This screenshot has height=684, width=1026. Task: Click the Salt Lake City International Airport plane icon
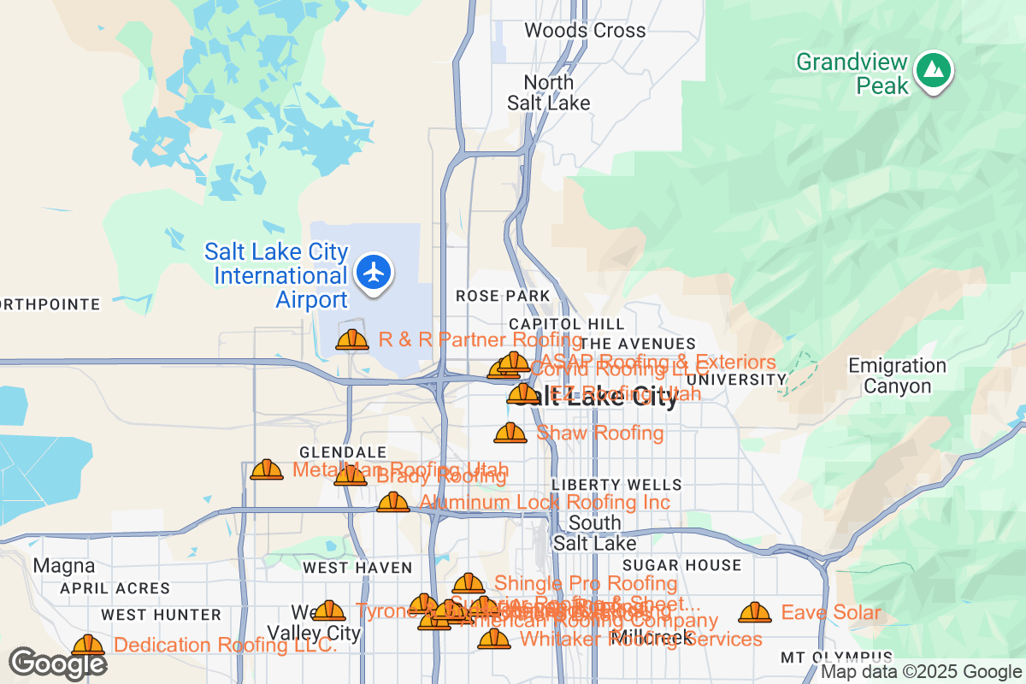point(373,273)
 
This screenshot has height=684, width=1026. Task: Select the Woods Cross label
point(585,31)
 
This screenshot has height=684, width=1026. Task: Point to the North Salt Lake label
point(548,92)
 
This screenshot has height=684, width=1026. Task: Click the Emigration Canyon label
point(897,376)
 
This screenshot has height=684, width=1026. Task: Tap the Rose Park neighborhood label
point(502,296)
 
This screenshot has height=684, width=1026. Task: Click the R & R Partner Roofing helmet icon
point(352,339)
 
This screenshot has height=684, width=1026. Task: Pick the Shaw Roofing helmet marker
point(510,433)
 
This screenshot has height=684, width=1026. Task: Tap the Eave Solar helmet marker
point(754,612)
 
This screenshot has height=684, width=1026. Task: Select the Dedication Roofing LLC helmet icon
point(88,645)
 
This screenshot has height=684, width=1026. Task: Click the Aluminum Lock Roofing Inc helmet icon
point(393,502)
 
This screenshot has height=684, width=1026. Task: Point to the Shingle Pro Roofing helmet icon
point(469,583)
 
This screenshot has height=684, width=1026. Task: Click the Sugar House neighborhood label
point(681,565)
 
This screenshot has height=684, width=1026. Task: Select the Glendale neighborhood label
point(342,452)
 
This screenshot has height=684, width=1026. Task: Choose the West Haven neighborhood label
point(357,568)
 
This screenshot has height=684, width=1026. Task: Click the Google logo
point(58,663)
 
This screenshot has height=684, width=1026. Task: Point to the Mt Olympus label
point(836,657)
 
